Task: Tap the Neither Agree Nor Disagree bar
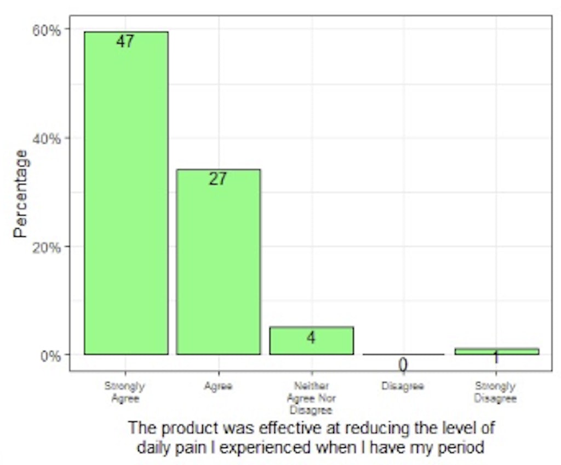click(311, 340)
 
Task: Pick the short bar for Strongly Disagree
click(496, 351)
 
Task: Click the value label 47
click(125, 42)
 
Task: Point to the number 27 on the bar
click(218, 179)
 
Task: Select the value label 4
click(311, 338)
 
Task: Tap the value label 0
click(403, 365)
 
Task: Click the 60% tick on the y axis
click(48, 30)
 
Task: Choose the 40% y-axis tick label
click(48, 138)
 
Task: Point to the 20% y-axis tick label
click(48, 247)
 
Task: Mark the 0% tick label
click(51, 355)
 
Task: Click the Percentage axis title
click(21, 194)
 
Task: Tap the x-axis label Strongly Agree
click(125, 392)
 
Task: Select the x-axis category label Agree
click(218, 386)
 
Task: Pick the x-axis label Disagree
click(403, 386)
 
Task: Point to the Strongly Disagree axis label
click(496, 392)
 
